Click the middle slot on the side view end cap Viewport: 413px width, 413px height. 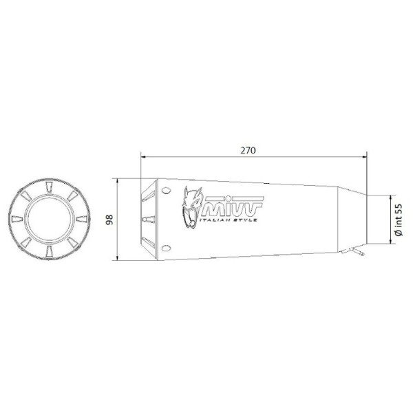pos(147,219)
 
